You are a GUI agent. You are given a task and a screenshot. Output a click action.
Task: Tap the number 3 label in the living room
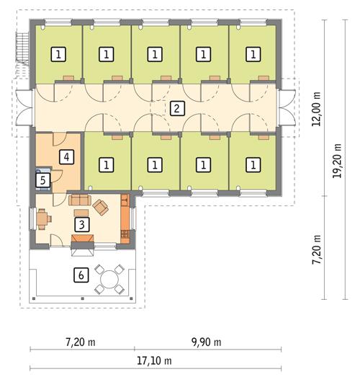tap(84, 224)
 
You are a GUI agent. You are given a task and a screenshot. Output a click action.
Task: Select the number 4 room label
tap(66, 155)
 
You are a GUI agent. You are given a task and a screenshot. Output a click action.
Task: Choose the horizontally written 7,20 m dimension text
tap(80, 341)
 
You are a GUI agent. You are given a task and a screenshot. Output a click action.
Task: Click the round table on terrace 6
tap(112, 276)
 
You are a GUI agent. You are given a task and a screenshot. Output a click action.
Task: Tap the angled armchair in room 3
tap(102, 208)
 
